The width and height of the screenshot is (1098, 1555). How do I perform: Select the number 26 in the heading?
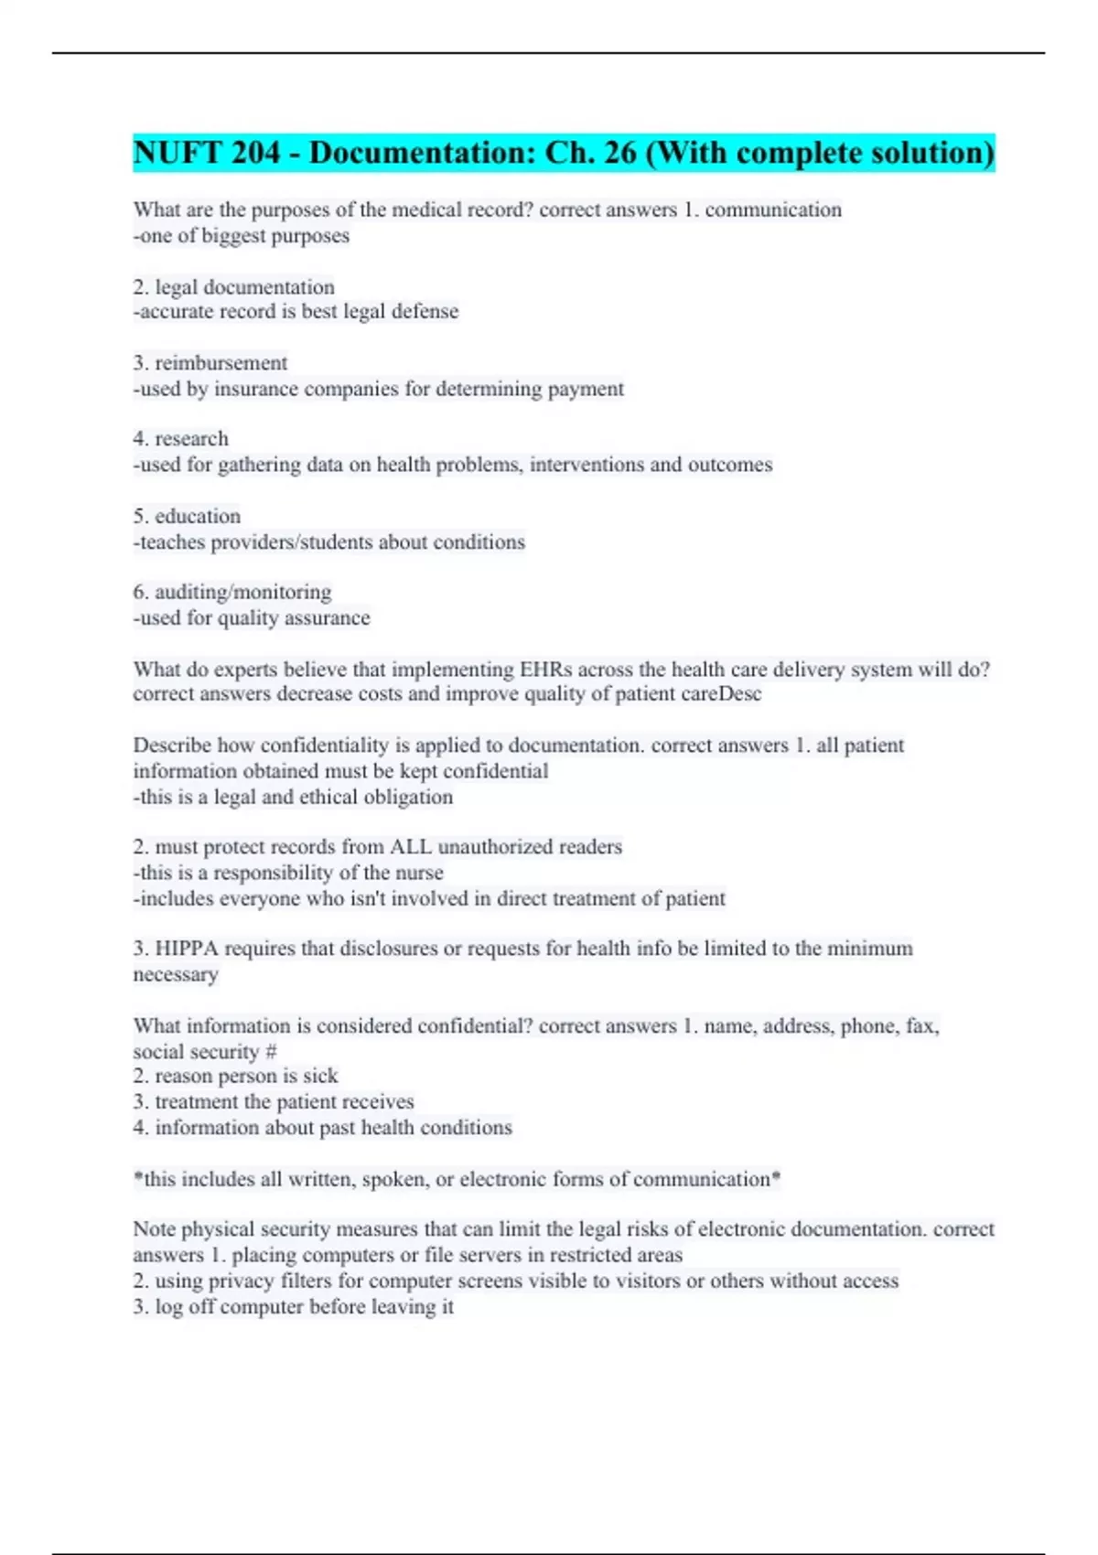619,153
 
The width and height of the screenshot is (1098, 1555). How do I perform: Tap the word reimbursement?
221,363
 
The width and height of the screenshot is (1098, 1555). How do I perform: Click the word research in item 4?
191,439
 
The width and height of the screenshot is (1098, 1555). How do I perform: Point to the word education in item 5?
198,516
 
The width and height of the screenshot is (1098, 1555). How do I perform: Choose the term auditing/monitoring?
242,592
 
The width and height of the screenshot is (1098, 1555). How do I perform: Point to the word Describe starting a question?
171,745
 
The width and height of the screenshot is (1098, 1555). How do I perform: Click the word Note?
154,1229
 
